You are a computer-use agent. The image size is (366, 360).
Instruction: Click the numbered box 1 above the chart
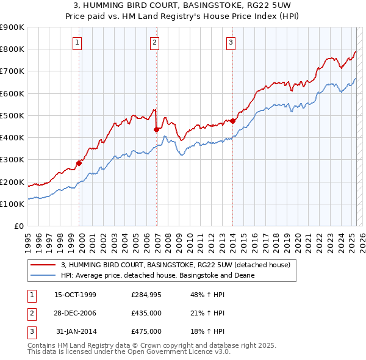(79, 42)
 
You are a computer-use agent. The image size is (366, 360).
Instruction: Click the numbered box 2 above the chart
(155, 42)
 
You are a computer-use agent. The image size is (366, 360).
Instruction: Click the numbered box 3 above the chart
(232, 42)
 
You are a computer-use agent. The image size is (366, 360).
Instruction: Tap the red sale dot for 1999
(79, 163)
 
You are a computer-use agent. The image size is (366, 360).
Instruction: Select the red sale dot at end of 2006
(156, 129)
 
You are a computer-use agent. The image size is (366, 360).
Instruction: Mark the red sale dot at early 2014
(233, 121)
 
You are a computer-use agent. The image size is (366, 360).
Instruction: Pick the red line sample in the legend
(43, 265)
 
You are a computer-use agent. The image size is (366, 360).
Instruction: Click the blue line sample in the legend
(43, 275)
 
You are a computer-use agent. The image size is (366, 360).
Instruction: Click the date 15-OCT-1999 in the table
(76, 295)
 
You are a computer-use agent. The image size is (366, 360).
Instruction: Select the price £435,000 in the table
(146, 313)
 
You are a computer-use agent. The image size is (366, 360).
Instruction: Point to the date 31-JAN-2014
(76, 331)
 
